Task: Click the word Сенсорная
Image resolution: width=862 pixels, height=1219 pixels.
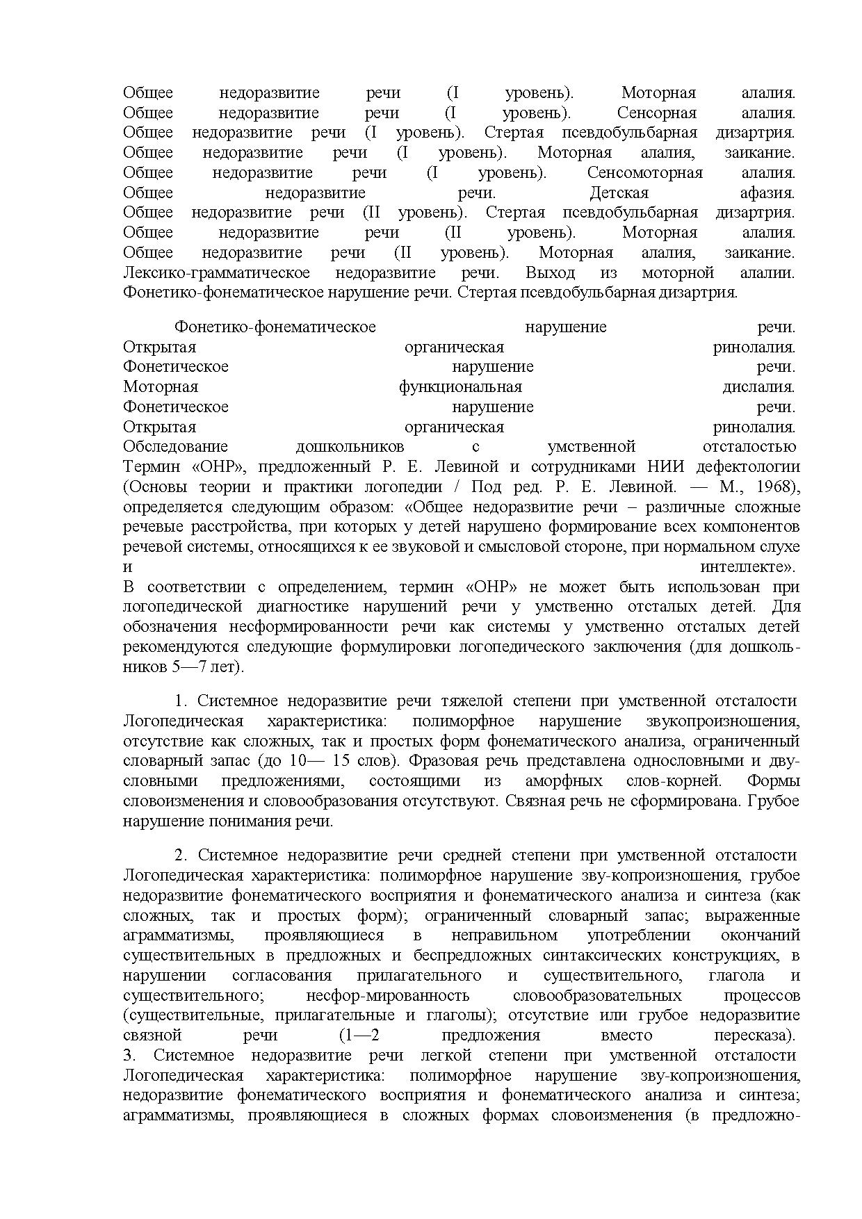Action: pos(656,113)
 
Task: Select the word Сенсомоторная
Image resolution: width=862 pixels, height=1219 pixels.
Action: pos(644,173)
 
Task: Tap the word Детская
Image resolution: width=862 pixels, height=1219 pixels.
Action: pos(619,193)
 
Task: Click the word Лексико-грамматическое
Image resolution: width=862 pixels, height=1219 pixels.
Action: pos(216,273)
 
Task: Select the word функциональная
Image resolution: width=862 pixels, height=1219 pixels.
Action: pos(460,387)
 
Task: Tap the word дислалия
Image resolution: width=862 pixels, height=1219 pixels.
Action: pos(758,387)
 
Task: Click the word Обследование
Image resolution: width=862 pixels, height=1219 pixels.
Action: pos(175,447)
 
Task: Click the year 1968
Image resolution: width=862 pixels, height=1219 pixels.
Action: pos(776,487)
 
